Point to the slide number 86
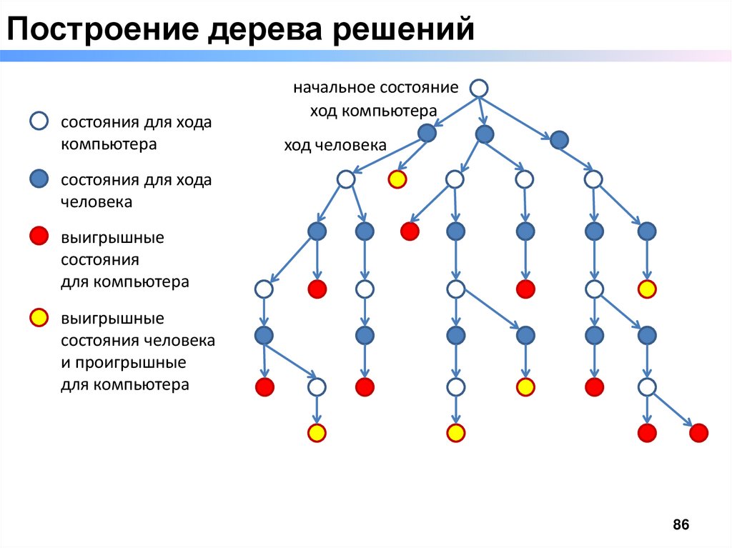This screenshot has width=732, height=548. [681, 525]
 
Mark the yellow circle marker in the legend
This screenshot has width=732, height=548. [39, 317]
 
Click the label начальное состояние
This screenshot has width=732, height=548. [375, 88]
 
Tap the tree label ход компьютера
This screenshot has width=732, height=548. [372, 111]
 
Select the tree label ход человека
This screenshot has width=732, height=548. [335, 146]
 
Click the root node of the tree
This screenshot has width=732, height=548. [479, 88]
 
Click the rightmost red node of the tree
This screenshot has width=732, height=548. [698, 432]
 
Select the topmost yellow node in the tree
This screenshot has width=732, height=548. [397, 179]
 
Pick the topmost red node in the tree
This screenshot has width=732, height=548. [410, 231]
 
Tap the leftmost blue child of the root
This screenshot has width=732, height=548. [427, 133]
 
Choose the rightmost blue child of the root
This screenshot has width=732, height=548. [559, 139]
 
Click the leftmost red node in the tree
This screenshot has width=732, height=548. [264, 387]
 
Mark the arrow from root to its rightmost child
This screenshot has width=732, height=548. [519, 114]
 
